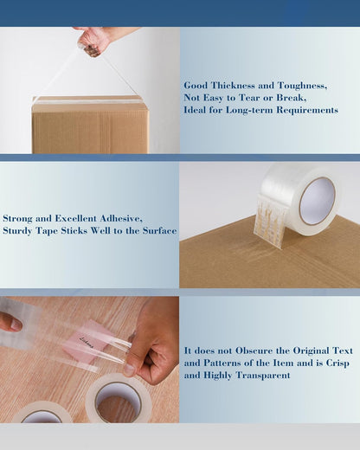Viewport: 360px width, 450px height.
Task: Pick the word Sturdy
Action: click(20, 231)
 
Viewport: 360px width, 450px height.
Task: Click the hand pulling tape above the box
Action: click(97, 38)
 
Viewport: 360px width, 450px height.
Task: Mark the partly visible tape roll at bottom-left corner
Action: click(39, 413)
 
